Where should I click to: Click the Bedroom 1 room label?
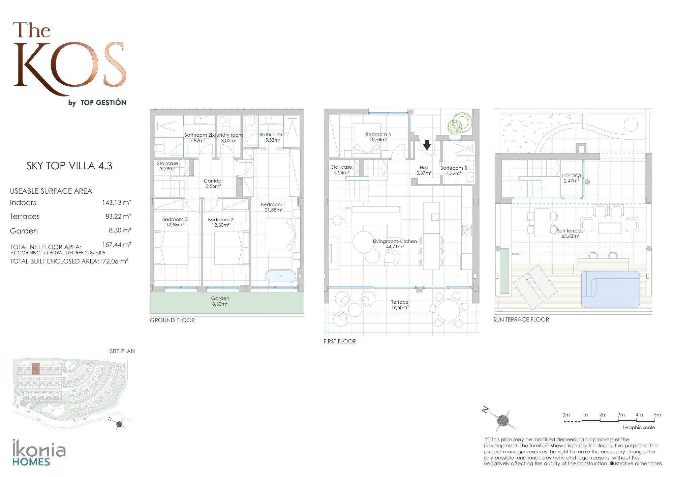273,207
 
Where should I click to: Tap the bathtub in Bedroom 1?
280,276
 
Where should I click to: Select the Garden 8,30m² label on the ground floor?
220,301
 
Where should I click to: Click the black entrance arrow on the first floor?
427,145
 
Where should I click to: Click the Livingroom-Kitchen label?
395,244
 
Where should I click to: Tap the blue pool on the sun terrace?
610,289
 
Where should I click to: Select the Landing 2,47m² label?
571,178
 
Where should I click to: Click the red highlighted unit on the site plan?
35,368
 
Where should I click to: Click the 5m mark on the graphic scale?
657,415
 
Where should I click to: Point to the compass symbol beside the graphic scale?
502,420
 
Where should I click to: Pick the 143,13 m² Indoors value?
117,202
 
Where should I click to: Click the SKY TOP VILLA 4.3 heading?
69,166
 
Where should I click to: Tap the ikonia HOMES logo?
39,453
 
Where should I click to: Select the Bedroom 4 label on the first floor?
378,137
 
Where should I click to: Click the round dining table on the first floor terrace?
449,310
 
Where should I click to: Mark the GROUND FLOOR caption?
172,320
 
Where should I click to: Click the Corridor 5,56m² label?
213,184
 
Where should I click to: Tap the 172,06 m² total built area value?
114,261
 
